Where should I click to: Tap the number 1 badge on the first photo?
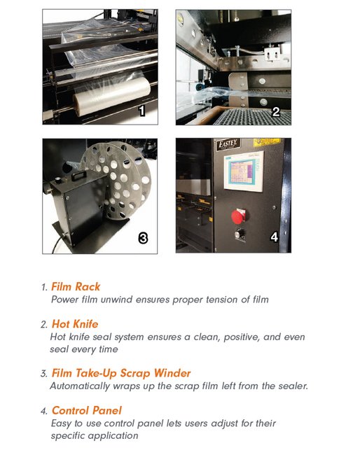pos(141,111)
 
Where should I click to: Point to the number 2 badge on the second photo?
pos(275,111)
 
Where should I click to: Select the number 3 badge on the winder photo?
pos(142,238)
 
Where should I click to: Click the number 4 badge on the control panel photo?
pos(275,237)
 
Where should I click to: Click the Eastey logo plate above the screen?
pos(228,144)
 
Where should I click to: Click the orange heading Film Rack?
pos(76,287)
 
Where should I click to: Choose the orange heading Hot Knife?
pos(75,324)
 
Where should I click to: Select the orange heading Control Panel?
pos(86,410)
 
